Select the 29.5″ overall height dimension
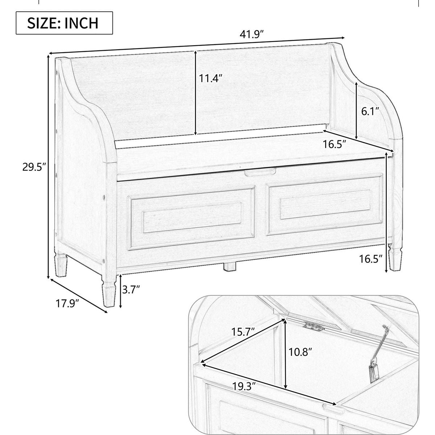click(x=33, y=167)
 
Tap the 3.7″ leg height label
click(x=131, y=290)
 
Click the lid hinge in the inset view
click(x=314, y=326)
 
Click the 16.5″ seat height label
click(x=371, y=259)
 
